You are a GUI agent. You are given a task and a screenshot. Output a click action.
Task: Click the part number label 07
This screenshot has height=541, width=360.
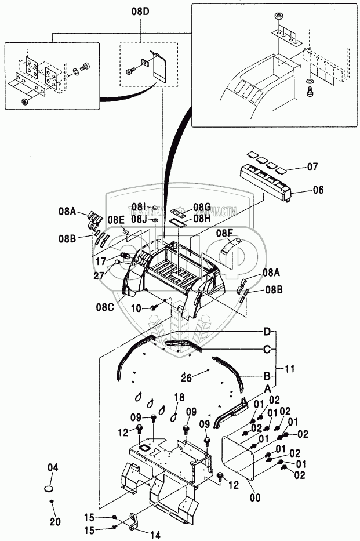click(x=312, y=167)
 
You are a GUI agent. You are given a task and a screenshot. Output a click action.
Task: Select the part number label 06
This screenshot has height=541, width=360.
click(x=318, y=190)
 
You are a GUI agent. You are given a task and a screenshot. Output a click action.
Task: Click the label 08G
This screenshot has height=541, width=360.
click(x=202, y=207)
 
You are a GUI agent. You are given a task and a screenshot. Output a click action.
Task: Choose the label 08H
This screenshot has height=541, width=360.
click(x=202, y=219)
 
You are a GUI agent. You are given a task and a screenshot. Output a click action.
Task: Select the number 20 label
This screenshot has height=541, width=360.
click(x=54, y=521)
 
